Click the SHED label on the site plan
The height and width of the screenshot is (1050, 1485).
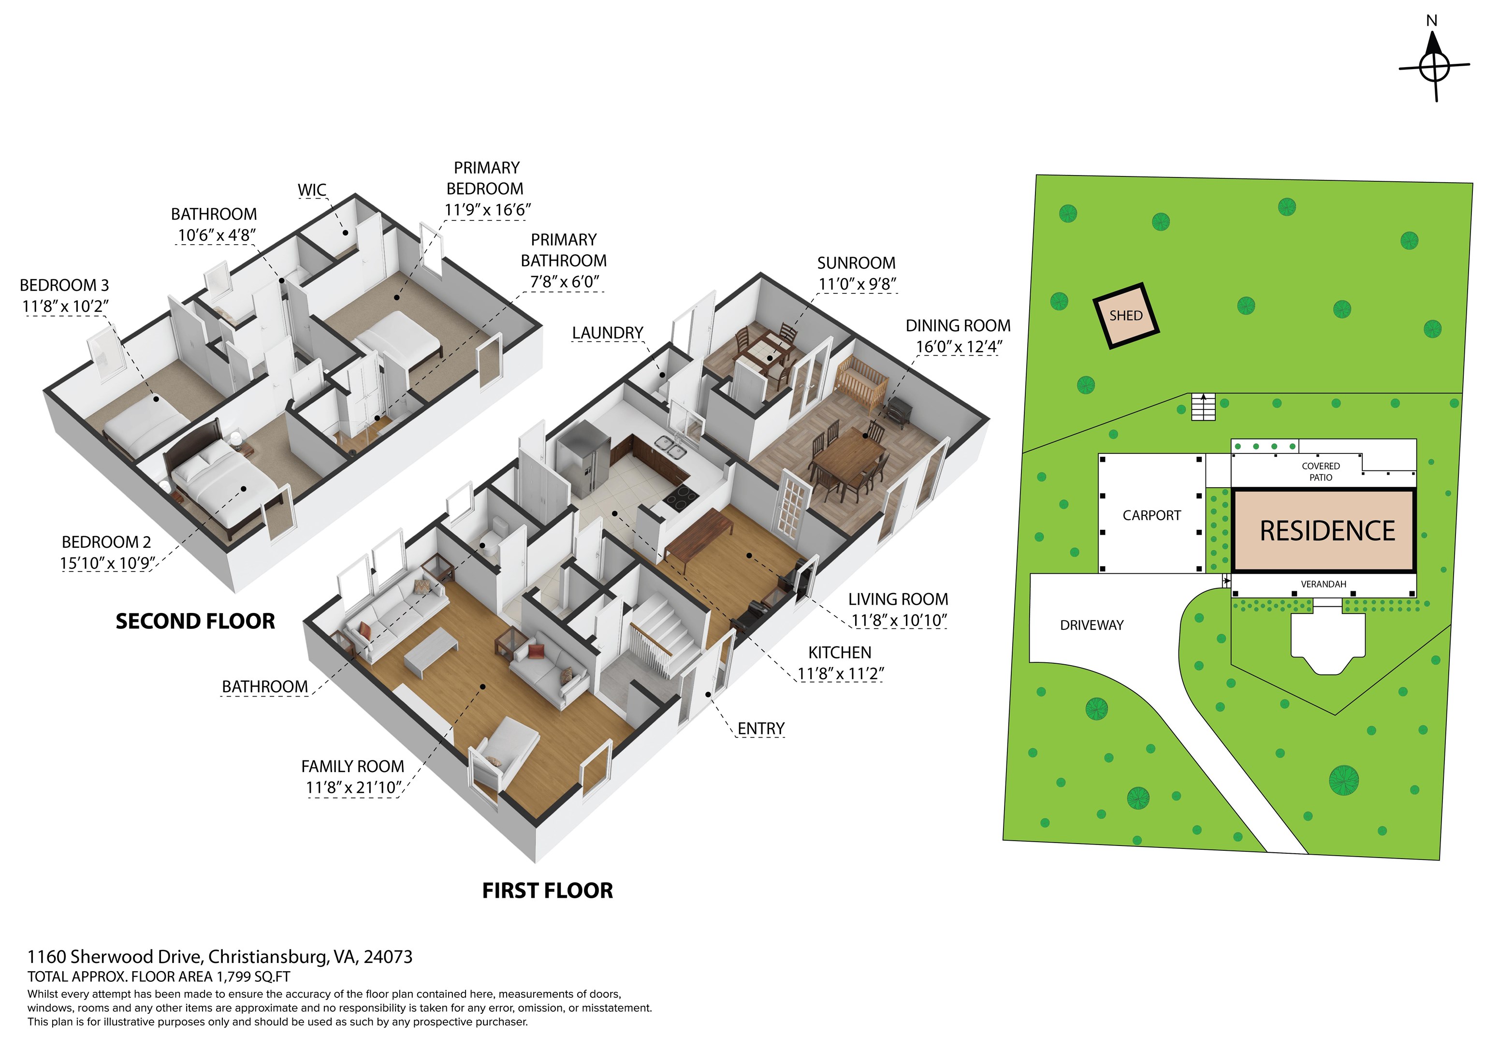[x=1125, y=316]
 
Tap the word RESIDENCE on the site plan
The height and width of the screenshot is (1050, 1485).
[x=1327, y=530]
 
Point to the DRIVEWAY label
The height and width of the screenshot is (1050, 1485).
[x=1092, y=625]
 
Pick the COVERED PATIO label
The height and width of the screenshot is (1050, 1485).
[x=1321, y=472]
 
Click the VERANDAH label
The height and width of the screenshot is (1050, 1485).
[x=1324, y=584]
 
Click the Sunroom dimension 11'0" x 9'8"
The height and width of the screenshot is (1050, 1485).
[x=857, y=284]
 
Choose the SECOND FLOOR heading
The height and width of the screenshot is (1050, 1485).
[x=195, y=621]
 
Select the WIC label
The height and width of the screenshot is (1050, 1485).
[x=312, y=190]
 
